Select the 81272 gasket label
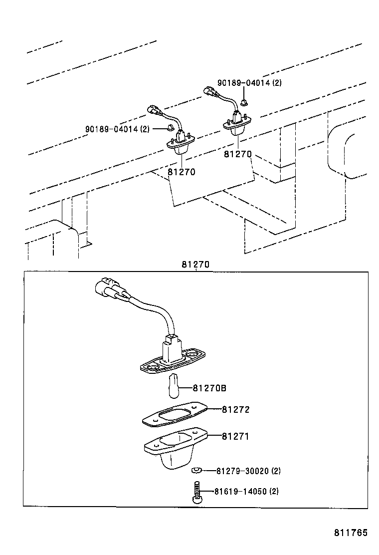tap(235, 409)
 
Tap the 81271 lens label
tap(235, 436)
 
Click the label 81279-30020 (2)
tap(248, 471)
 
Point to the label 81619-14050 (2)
tap(247, 491)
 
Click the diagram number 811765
tap(351, 533)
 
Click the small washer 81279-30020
tap(195, 470)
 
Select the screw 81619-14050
tap(195, 492)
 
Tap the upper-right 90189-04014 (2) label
tap(249, 83)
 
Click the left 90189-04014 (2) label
tap(117, 129)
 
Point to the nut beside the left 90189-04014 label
tap(170, 128)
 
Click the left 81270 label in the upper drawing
tap(181, 172)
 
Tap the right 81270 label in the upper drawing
tap(238, 154)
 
